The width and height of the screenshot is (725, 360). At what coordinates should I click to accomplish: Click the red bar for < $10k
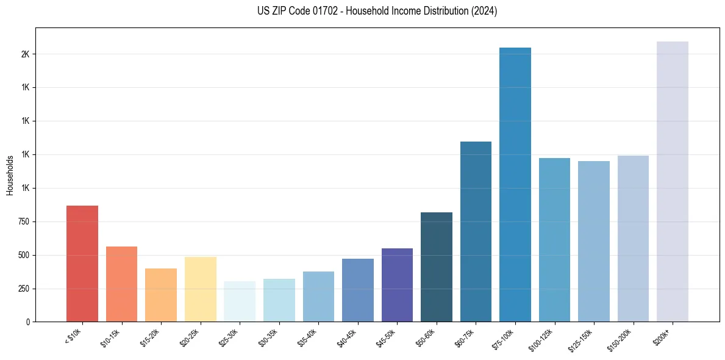(x=82, y=264)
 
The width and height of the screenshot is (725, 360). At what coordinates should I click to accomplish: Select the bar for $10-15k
(x=121, y=284)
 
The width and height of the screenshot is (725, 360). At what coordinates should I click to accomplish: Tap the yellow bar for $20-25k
(x=200, y=289)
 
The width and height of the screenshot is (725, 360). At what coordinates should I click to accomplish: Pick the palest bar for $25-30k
(x=240, y=301)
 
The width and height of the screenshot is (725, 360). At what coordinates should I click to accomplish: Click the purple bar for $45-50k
(x=397, y=285)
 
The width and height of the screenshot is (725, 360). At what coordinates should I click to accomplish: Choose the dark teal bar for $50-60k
(x=437, y=267)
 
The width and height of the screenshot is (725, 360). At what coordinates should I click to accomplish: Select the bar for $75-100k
(x=515, y=184)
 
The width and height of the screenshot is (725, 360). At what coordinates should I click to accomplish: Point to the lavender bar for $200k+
(x=673, y=181)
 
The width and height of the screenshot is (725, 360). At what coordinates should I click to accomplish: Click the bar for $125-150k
(x=594, y=241)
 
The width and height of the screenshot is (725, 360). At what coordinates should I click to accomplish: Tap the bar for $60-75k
(x=476, y=231)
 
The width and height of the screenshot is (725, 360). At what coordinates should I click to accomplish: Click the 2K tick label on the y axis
(x=26, y=54)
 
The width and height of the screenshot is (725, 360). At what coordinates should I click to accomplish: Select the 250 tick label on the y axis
(x=24, y=289)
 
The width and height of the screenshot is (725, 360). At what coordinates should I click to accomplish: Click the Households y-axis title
(x=10, y=175)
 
